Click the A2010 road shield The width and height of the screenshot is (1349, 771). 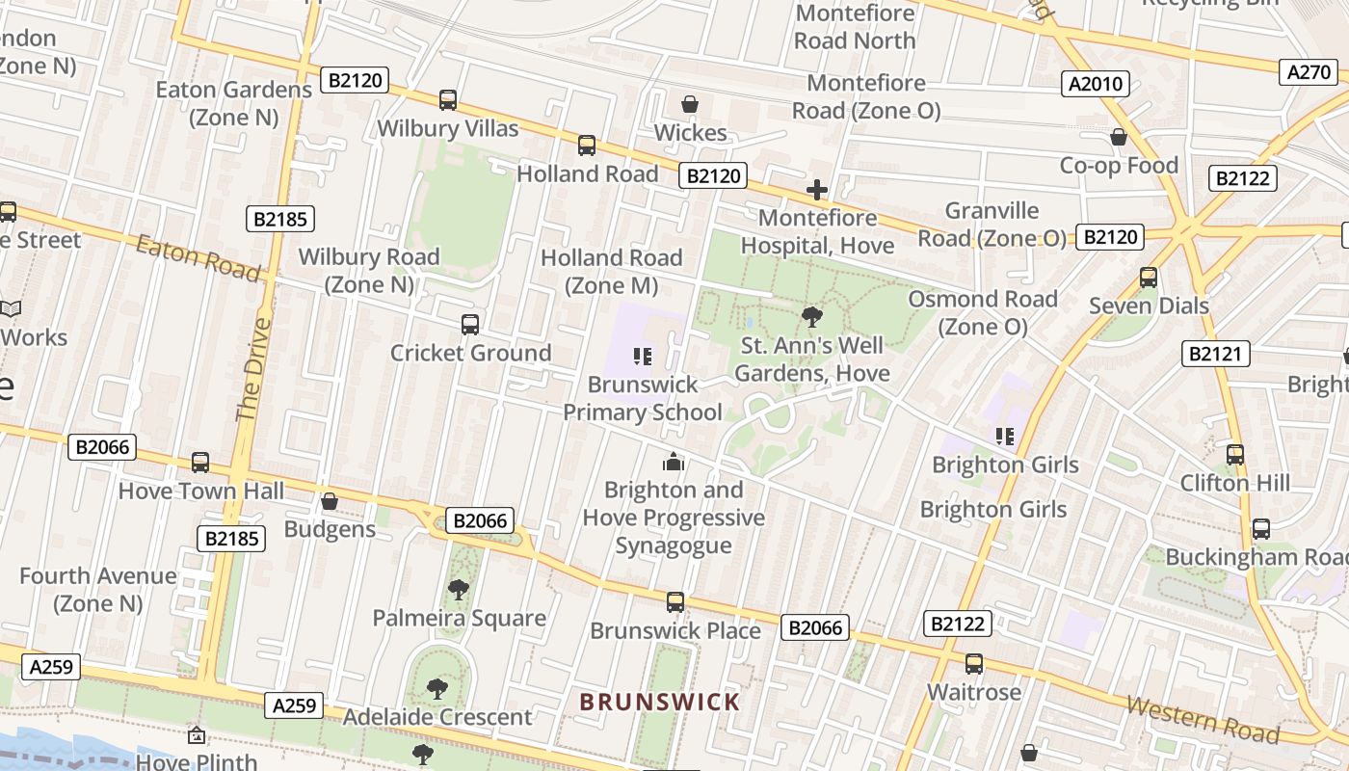[1097, 84]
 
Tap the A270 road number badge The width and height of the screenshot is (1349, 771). [1309, 71]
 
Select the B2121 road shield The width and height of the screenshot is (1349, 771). [1216, 354]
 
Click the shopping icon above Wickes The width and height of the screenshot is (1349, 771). [690, 104]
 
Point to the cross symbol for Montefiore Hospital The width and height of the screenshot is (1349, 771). [816, 190]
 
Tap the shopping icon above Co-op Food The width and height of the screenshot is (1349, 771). [1119, 138]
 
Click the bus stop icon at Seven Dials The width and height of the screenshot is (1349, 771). [1148, 278]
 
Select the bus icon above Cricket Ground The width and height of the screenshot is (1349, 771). [470, 325]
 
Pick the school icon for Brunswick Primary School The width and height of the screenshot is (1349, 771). [643, 357]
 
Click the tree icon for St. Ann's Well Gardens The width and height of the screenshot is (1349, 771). [812, 316]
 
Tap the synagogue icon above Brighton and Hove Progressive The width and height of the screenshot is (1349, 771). [674, 463]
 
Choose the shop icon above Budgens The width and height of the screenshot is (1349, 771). [330, 502]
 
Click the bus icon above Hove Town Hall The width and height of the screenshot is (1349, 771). [200, 463]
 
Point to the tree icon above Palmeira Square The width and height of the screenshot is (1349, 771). [459, 590]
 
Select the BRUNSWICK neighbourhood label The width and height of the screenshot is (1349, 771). [660, 702]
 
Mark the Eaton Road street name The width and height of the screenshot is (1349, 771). [198, 257]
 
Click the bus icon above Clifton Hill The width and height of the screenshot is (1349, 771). [1235, 455]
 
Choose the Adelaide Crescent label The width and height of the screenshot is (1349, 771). [437, 717]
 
